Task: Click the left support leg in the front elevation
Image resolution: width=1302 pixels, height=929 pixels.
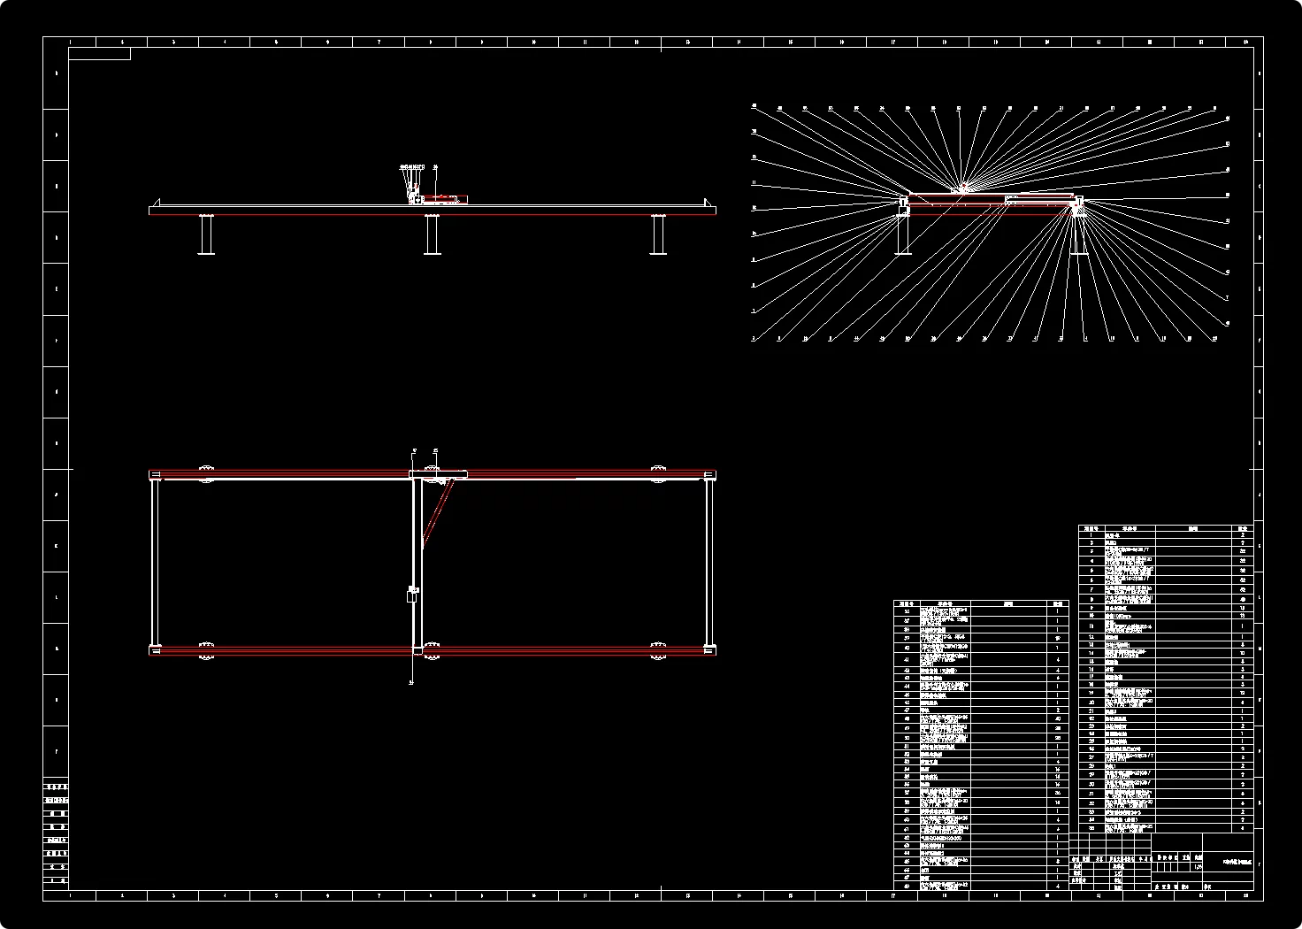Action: pos(207,234)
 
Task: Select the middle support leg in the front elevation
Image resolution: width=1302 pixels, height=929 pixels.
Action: pos(432,234)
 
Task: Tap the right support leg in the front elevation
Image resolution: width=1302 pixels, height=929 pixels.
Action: pos(658,234)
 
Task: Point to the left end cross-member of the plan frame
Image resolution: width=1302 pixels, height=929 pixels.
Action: pos(156,563)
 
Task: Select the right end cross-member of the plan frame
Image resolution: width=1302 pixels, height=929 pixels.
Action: pos(709,563)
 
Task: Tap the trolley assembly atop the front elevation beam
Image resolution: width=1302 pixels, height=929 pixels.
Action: pos(440,198)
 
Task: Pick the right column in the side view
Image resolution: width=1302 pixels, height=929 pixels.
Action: pos(1078,232)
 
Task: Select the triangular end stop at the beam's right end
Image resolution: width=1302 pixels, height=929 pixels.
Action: pos(708,203)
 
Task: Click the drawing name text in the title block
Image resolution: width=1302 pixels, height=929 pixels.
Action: pos(1236,861)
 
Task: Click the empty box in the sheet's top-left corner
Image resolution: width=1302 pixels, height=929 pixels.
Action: pos(99,54)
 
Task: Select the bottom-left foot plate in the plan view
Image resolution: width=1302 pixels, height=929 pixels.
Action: pos(205,657)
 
